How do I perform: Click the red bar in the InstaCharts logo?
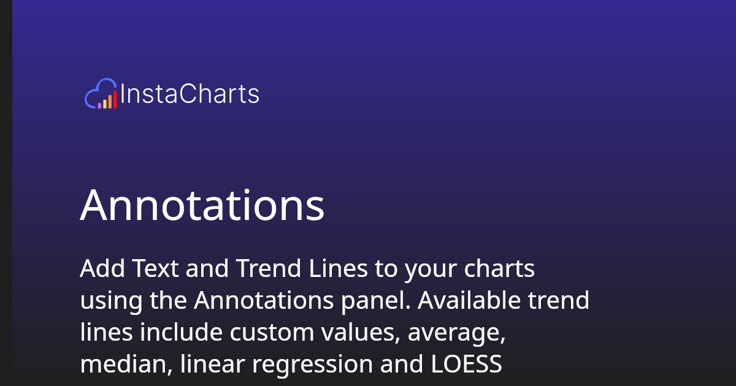115,100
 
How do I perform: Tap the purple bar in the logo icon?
99,105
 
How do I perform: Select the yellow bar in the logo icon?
104,104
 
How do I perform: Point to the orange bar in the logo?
110,102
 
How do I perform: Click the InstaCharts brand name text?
190,94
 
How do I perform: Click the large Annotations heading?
202,205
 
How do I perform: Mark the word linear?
213,364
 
